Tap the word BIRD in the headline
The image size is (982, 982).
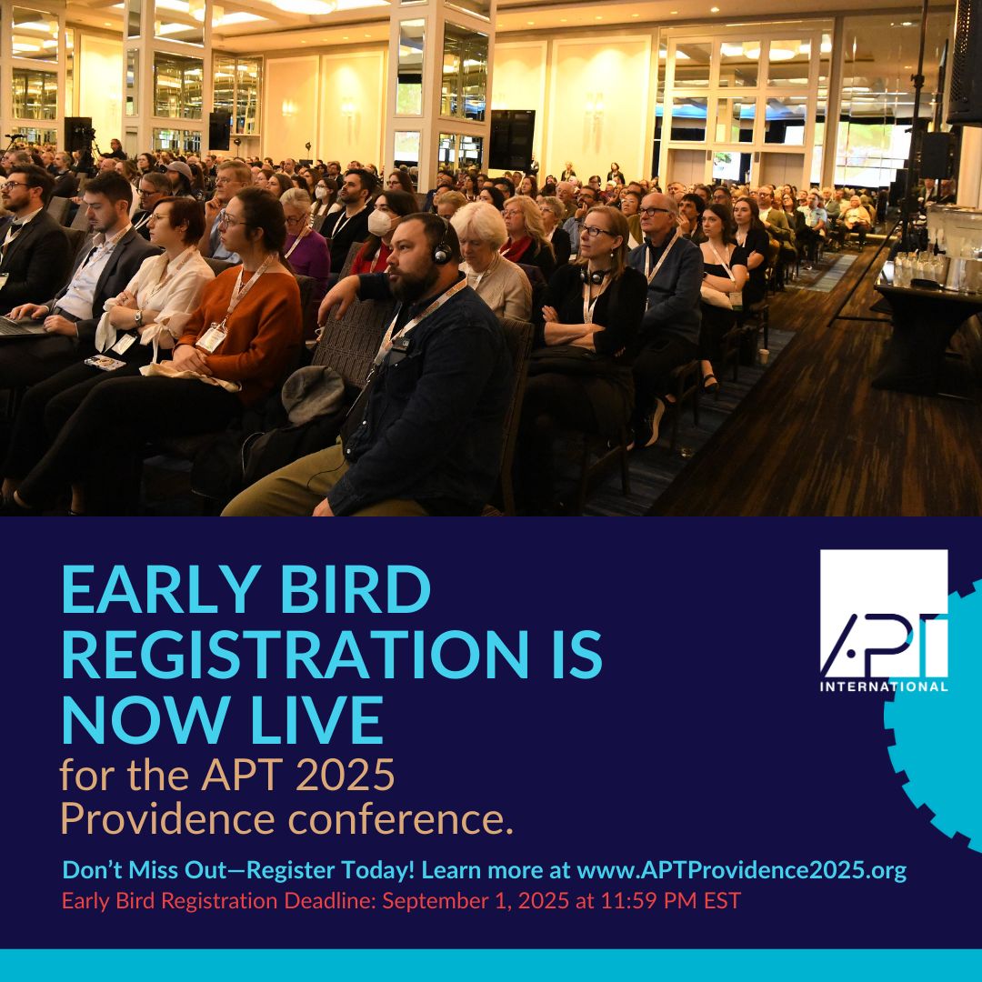[356, 589]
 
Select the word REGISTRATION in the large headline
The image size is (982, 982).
[296, 654]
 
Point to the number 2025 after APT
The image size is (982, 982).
[345, 775]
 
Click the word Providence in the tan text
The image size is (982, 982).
[167, 818]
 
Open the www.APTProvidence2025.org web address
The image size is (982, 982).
[742, 870]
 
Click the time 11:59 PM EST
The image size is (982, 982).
[671, 900]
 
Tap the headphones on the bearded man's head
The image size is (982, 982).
[442, 245]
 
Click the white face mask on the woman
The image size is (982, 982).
[379, 223]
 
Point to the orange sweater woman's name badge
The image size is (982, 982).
[211, 337]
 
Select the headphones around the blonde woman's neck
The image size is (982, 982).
[595, 275]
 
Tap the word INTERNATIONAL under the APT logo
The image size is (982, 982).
[884, 686]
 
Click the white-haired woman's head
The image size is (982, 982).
[480, 226]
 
